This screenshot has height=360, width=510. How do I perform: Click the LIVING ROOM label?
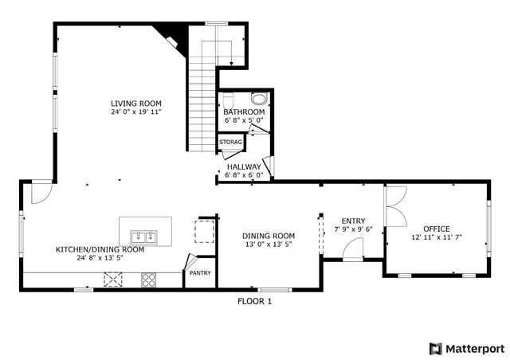point(136,103)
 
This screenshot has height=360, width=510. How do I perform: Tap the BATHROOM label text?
point(244,112)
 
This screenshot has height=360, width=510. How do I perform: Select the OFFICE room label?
point(436,229)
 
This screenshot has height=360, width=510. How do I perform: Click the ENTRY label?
point(353,221)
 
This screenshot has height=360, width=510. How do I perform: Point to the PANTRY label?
point(198,273)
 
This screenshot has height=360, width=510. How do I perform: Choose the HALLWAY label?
point(243,166)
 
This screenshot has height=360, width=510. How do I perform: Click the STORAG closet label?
point(231,142)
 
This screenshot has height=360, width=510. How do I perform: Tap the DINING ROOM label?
point(269,236)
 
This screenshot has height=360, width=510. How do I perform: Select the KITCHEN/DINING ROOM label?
point(100,249)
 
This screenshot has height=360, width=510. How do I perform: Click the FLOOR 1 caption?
point(255,301)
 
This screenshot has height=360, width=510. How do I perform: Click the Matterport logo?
point(467,348)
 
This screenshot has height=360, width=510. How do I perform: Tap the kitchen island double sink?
point(144,237)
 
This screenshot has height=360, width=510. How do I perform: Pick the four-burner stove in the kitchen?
point(149,279)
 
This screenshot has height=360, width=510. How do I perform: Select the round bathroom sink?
point(259,99)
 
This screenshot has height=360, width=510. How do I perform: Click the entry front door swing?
point(352,252)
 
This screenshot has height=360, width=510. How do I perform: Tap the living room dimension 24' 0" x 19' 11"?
point(136,112)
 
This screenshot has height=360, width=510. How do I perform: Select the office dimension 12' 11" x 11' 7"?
point(437,237)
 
